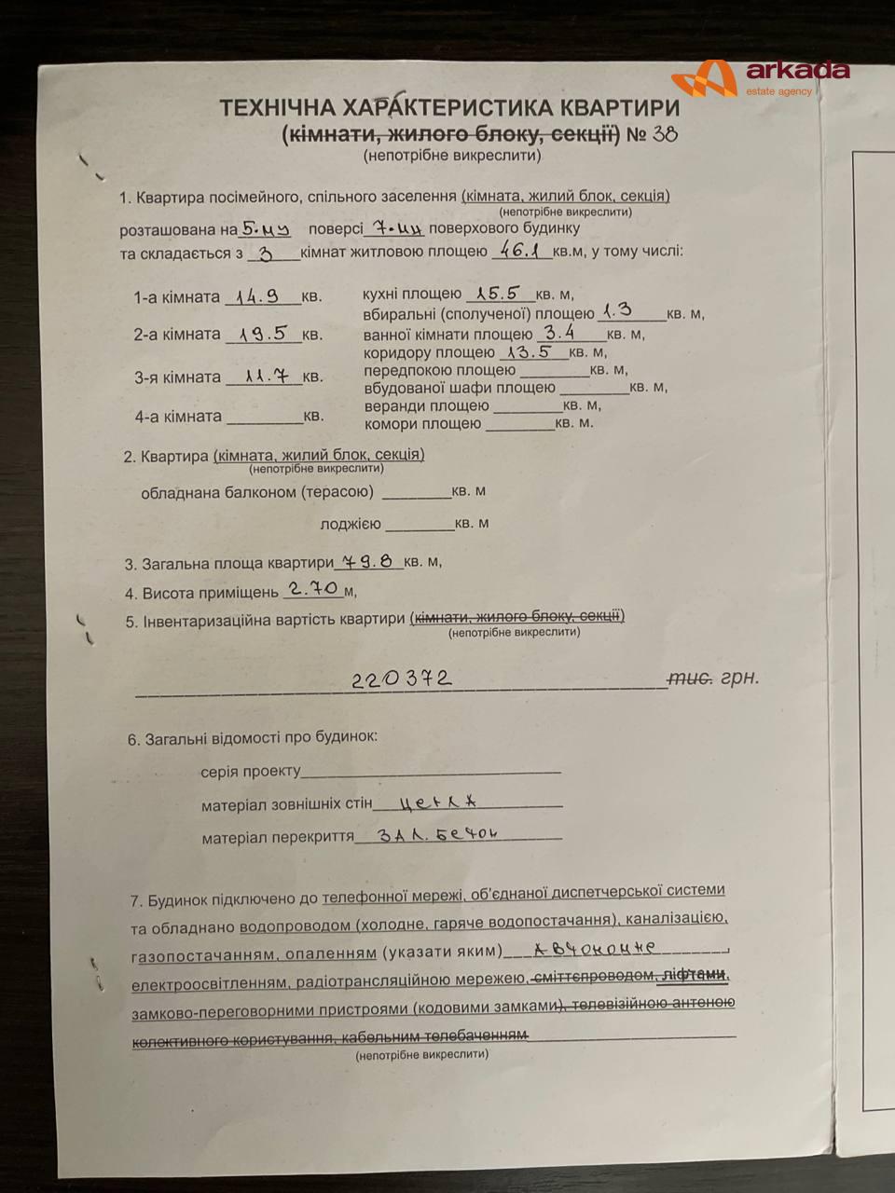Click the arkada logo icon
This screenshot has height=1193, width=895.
coord(705,78)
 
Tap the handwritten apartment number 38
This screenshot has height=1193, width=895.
coord(665,133)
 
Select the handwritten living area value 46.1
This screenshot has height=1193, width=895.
coord(520,250)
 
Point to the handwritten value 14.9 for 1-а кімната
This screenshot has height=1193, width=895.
coord(257,296)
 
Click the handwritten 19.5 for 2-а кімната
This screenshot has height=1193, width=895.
coord(262,333)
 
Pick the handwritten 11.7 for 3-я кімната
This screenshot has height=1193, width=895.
coord(266,376)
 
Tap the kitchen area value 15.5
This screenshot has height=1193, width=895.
coord(498,293)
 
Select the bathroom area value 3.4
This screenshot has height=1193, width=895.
coord(559,332)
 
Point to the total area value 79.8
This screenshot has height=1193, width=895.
coord(367,561)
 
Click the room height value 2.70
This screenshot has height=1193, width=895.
coord(312,588)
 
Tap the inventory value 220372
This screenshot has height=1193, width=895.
coord(401,679)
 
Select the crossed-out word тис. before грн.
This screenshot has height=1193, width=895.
coord(690,679)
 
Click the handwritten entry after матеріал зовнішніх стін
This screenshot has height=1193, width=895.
coord(437,802)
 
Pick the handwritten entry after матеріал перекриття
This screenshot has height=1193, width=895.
coord(438,834)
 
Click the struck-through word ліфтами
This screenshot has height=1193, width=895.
coord(694,975)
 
